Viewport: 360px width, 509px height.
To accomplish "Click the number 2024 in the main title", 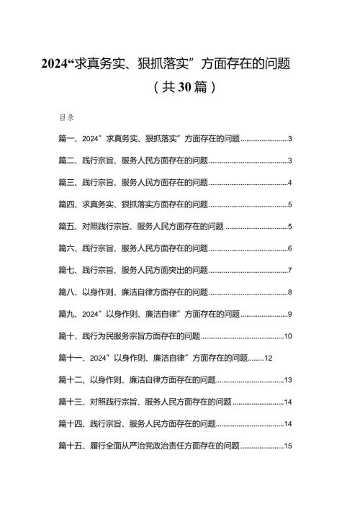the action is [54, 63].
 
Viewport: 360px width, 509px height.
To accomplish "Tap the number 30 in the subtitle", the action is [185, 86].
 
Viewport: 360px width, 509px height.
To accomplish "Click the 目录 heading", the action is [66, 117].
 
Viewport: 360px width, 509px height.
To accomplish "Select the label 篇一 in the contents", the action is [66, 139].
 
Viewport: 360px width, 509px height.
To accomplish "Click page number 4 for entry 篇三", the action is [289, 183].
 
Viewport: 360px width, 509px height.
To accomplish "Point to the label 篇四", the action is [66, 204].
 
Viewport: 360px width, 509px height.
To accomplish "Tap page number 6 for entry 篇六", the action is [289, 248].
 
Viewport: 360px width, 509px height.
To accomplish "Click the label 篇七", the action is [66, 270].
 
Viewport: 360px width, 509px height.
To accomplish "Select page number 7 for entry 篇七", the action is [289, 271].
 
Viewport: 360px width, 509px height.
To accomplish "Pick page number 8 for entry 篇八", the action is [289, 292].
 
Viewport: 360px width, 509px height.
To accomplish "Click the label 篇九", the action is [66, 314].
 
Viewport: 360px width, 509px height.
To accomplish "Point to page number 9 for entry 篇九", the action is [289, 314].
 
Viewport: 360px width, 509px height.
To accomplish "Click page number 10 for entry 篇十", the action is [288, 336].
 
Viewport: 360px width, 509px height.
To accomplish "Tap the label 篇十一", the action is [70, 358].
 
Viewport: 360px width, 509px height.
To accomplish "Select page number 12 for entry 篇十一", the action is [268, 358].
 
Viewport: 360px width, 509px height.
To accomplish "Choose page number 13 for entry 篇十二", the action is [288, 380].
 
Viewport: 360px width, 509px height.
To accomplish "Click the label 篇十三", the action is [70, 402].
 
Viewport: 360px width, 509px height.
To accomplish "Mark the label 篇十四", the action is [70, 423].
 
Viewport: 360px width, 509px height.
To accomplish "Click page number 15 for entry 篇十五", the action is [288, 446].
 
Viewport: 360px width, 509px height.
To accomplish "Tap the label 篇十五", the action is [70, 446].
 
